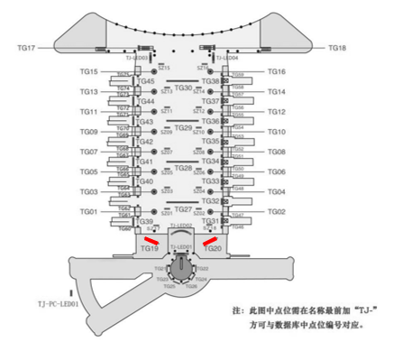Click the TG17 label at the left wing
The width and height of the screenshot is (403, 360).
pos(26,47)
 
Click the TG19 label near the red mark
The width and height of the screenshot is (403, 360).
pos(149,248)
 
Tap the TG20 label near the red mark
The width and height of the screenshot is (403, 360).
pos(213,248)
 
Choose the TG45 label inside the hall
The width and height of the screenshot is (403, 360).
pos(147,82)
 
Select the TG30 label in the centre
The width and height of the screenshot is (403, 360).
pos(182,88)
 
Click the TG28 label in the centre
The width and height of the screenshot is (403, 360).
pos(182,169)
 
